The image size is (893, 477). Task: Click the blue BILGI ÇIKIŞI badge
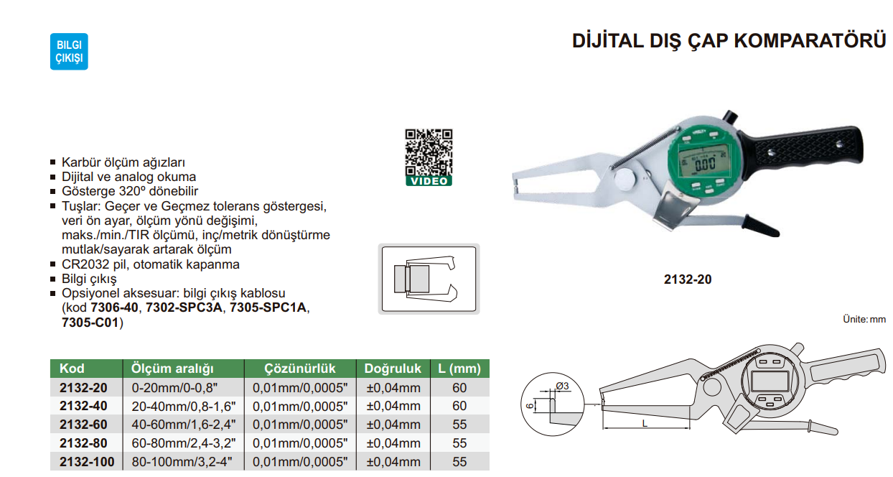click(69, 51)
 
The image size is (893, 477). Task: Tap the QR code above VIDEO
click(429, 151)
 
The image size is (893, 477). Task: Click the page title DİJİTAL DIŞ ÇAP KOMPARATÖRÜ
click(729, 41)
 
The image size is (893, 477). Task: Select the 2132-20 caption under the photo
click(687, 279)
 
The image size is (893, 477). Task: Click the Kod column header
click(72, 369)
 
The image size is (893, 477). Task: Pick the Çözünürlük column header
click(300, 369)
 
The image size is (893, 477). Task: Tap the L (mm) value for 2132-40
click(459, 406)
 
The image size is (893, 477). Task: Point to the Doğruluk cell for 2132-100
click(393, 462)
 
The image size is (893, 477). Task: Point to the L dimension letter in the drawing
click(645, 424)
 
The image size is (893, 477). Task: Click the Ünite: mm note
click(864, 318)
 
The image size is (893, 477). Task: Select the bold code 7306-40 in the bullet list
click(113, 308)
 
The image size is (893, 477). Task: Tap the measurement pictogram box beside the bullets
click(429, 279)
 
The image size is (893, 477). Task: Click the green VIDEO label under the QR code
click(429, 181)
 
